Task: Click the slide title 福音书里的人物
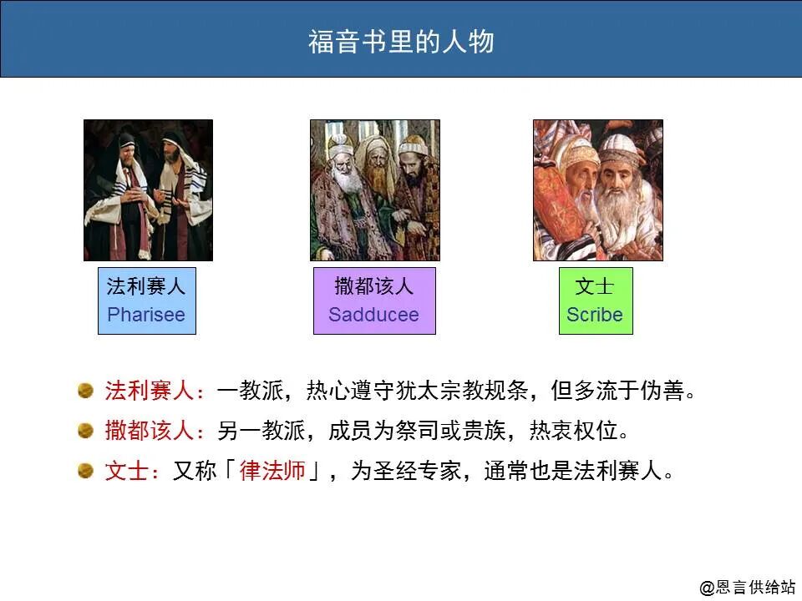pos(401,41)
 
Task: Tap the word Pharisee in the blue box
pos(146,316)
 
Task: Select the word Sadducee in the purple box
pos(373,316)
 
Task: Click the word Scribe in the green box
pos(595,316)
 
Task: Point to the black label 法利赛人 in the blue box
pos(146,287)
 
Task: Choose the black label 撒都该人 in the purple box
pos(373,287)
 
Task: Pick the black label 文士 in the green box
pos(595,287)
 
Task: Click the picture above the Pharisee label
pos(148,190)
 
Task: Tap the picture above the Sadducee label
pos(374,190)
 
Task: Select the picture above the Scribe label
pos(597,190)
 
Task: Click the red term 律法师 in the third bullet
pos(272,471)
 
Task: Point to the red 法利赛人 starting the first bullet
pos(150,391)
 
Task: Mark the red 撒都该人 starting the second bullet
pos(150,431)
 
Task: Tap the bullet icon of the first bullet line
pos(85,390)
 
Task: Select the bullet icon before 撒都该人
pos(85,430)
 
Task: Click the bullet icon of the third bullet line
pos(85,470)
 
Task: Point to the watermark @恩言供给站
pos(748,588)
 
